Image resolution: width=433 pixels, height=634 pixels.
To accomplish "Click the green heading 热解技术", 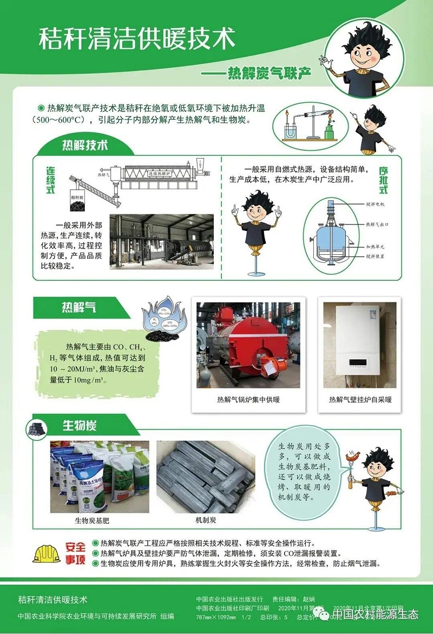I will pyautogui.click(x=84, y=145).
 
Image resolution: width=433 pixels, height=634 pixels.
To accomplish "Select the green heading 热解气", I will pyautogui.click(x=78, y=307).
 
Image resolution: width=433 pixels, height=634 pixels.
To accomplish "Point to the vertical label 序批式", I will pyautogui.click(x=383, y=181).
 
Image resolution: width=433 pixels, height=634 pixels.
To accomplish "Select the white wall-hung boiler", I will pyautogui.click(x=359, y=344).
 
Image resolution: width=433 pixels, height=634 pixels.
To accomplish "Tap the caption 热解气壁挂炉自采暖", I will pyautogui.click(x=360, y=400).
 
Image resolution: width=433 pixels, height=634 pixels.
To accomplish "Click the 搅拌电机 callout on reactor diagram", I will pyautogui.click(x=375, y=204).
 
